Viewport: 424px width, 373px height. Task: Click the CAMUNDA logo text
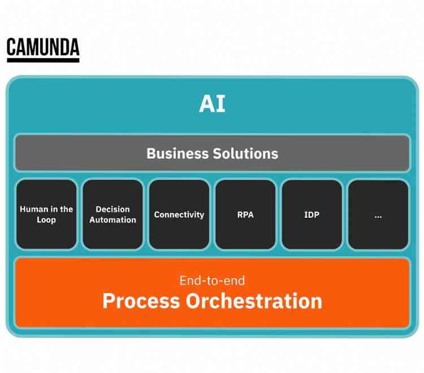click(x=43, y=47)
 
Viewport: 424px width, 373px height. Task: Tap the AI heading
click(x=212, y=104)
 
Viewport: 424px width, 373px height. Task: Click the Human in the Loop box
click(x=46, y=214)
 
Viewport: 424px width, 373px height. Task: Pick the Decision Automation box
click(x=113, y=214)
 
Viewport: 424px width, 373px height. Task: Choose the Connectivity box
click(x=179, y=214)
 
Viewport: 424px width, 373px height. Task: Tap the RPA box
click(x=245, y=214)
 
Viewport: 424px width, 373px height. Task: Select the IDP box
click(x=311, y=214)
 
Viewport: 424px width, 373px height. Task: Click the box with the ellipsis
click(x=378, y=214)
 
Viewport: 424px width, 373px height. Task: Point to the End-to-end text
click(x=212, y=280)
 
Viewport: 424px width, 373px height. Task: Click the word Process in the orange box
click(x=141, y=301)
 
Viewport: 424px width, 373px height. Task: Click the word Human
click(x=34, y=209)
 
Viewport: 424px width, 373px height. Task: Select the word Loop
click(x=46, y=220)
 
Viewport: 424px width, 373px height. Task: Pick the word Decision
click(x=113, y=209)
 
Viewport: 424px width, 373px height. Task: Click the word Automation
click(x=113, y=220)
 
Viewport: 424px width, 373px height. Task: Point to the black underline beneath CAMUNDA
click(x=43, y=59)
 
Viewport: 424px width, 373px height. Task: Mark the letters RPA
click(x=245, y=215)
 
